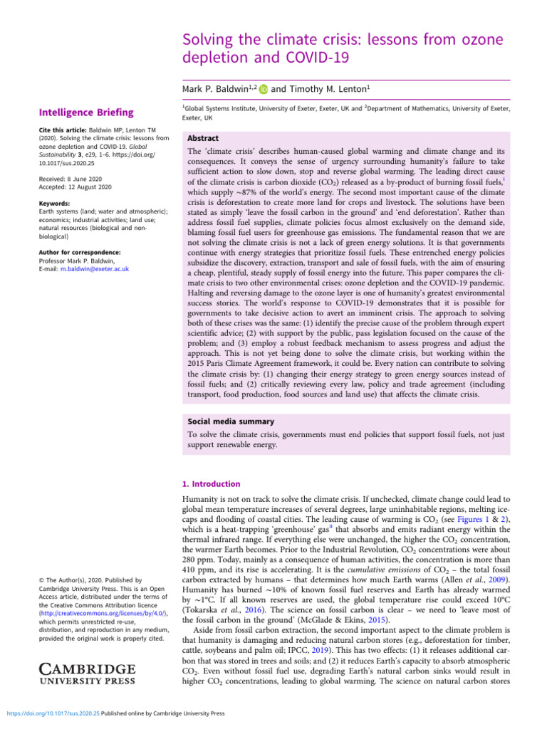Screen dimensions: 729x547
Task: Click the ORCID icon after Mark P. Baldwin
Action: pos(264,89)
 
